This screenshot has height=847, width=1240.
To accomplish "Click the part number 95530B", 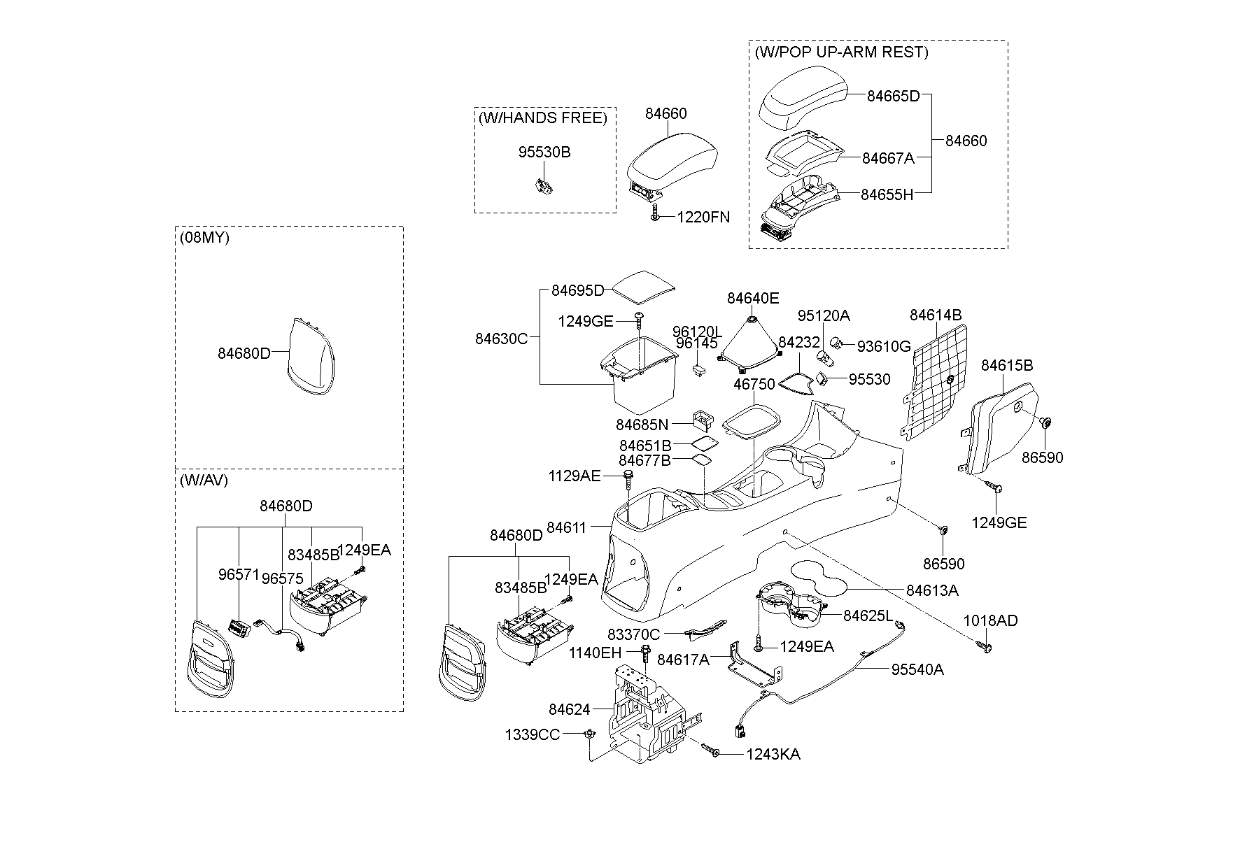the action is click(x=544, y=152).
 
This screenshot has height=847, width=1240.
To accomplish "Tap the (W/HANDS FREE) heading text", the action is click(x=542, y=118).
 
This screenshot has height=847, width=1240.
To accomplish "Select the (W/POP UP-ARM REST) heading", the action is click(x=841, y=52).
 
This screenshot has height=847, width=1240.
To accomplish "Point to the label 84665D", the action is click(x=893, y=97).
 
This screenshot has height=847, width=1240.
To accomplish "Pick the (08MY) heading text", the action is click(x=204, y=237).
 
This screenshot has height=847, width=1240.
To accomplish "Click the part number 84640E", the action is click(x=752, y=298).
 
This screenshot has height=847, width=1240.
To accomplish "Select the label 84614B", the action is click(x=936, y=315).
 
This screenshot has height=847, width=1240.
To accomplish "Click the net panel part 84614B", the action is click(x=934, y=382).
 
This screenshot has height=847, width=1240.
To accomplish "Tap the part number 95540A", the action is click(x=917, y=669).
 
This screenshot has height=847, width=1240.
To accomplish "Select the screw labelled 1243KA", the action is click(x=713, y=752).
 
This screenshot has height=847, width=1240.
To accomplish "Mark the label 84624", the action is click(x=570, y=709).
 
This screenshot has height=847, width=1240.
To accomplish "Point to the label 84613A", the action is click(x=932, y=590).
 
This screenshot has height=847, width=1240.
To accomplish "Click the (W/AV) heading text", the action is click(x=203, y=480).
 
